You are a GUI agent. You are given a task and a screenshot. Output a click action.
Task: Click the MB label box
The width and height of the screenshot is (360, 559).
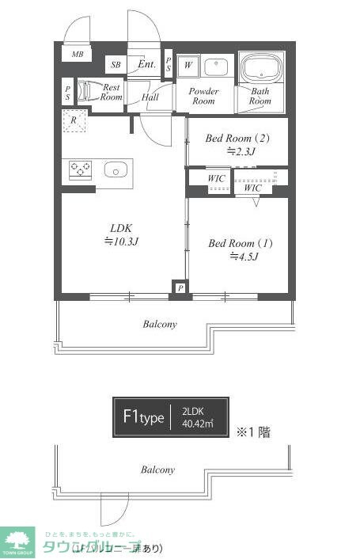pos(77,54)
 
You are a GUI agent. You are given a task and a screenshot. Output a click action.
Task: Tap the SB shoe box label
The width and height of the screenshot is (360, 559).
pos(116,65)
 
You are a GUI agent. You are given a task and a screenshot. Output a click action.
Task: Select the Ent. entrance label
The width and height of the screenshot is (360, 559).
pos(146,64)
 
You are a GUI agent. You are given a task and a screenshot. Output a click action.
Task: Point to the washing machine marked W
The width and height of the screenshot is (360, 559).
pos(188,66)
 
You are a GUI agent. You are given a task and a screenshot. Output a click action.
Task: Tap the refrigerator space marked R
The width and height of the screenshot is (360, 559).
pos(74,121)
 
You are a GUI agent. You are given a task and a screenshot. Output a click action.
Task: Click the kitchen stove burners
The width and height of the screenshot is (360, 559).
pos(81,169)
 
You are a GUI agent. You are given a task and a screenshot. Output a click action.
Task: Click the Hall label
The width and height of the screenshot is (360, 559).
pos(150,97)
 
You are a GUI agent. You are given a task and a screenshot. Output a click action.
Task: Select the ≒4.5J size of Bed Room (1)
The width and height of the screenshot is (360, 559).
pos(241,256)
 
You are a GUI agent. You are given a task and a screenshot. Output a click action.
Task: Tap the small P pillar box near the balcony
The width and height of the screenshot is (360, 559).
pos(181,288)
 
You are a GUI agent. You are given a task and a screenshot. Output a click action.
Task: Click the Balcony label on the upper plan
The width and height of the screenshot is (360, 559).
pos(159,324)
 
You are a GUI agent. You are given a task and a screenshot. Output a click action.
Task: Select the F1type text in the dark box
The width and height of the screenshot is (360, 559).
pos(142,417)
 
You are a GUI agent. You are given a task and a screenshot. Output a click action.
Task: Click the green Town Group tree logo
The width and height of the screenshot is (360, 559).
pos(17,541)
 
